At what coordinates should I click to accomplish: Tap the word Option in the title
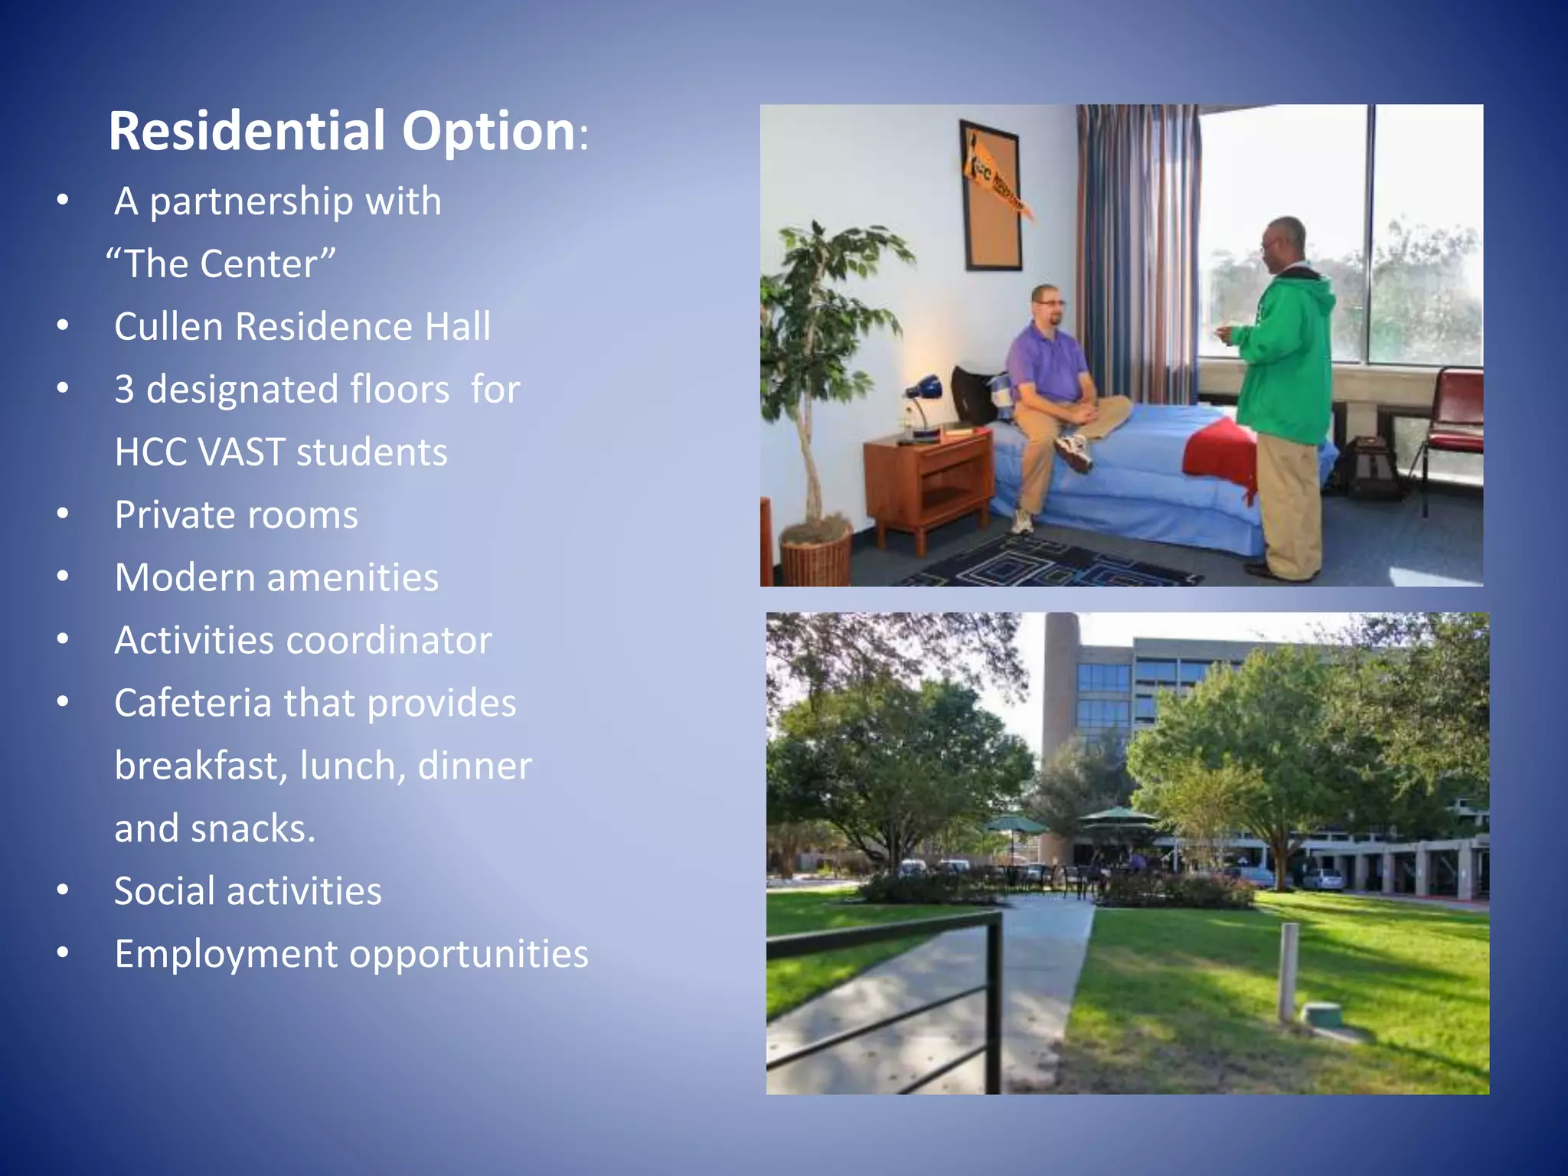488,131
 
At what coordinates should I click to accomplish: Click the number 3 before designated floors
124,390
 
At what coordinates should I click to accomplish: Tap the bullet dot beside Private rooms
63,514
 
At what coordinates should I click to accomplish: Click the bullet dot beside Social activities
63,890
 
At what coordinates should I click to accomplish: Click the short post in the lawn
1289,972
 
